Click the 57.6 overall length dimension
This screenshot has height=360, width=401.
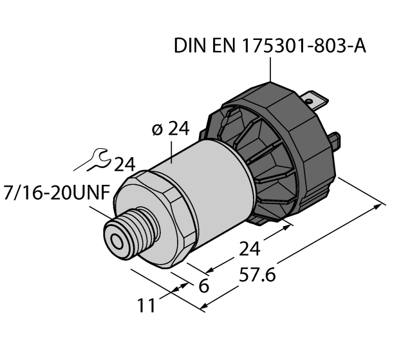coord(257,275)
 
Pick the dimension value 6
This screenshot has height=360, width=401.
coord(203,285)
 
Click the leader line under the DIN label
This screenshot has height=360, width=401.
coord(270,70)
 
